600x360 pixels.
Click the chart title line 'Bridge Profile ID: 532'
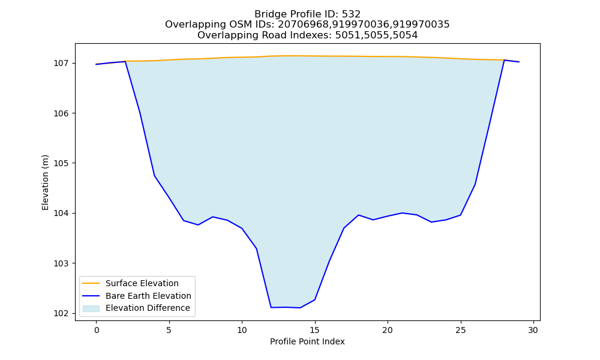click(307, 14)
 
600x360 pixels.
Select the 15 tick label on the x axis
click(315, 330)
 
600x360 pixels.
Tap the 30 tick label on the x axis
click(533, 330)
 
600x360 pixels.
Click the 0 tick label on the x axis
click(97, 330)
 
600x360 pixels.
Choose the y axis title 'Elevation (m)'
click(45, 182)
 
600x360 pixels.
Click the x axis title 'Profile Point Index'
click(307, 341)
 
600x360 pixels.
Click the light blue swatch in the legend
click(91, 308)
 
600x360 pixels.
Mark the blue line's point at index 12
click(271, 307)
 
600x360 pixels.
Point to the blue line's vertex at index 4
click(155, 176)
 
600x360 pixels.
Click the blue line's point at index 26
click(475, 184)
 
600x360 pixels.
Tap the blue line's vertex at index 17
click(344, 228)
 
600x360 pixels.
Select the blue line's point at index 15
click(315, 299)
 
